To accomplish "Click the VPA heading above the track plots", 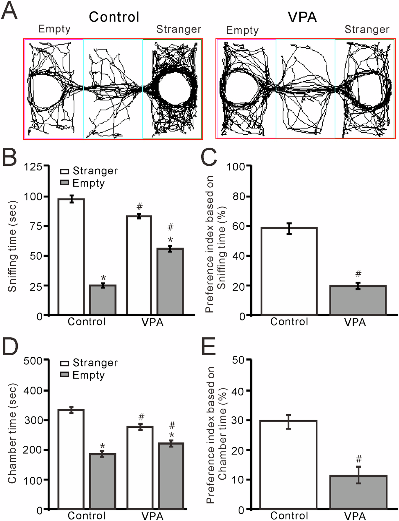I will click(x=302, y=17).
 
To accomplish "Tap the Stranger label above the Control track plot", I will click(x=179, y=29).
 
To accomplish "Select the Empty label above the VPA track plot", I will click(x=242, y=30).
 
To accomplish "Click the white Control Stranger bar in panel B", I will click(x=71, y=257).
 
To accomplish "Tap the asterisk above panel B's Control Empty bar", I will click(x=103, y=278).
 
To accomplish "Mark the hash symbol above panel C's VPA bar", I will click(x=358, y=273).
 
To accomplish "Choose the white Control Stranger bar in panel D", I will click(x=71, y=459).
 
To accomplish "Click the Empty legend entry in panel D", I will click(x=88, y=375).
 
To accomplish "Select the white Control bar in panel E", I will click(x=288, y=465).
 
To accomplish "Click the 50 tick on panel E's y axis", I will click(x=238, y=360).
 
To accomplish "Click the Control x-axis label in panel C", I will click(x=289, y=321).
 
